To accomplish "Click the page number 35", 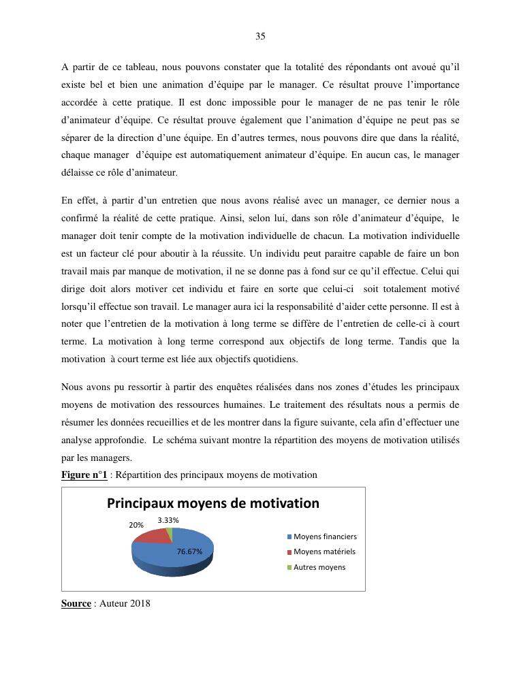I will pyautogui.click(x=260, y=36).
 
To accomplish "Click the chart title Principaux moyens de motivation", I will pyautogui.click(x=213, y=504).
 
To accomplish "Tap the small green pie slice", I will pyautogui.click(x=170, y=532).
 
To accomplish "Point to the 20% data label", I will pyautogui.click(x=136, y=526).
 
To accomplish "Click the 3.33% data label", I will pyautogui.click(x=168, y=520).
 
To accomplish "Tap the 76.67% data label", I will pyautogui.click(x=189, y=551).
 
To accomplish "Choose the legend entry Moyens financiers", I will pyautogui.click(x=325, y=536).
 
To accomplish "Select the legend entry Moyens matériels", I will pyautogui.click(x=324, y=551).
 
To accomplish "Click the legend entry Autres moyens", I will pyautogui.click(x=319, y=567).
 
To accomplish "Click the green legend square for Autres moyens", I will pyautogui.click(x=289, y=567).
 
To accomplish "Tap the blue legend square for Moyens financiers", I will pyautogui.click(x=289, y=536).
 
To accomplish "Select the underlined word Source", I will pyautogui.click(x=76, y=603).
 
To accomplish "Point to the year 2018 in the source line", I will pyautogui.click(x=140, y=603).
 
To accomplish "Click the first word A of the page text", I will pyautogui.click(x=65, y=67).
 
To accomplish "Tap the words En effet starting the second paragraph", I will pyautogui.click(x=76, y=200).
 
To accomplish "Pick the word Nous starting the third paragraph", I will pyautogui.click(x=72, y=387).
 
